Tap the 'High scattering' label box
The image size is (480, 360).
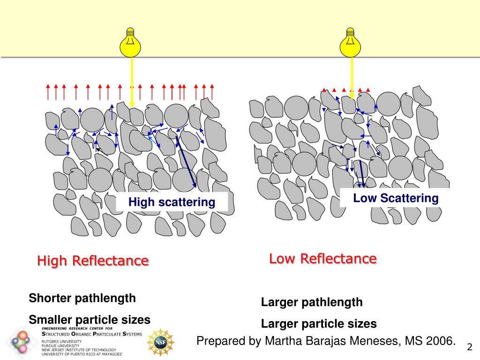click(172, 202)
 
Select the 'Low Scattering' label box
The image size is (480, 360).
click(396, 198)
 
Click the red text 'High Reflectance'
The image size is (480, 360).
click(93, 261)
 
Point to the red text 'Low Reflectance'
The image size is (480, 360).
click(322, 258)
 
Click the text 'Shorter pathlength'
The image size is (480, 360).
click(82, 298)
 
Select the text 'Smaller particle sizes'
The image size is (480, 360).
click(90, 320)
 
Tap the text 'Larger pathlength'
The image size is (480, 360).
click(312, 302)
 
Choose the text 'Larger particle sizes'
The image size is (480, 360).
click(319, 323)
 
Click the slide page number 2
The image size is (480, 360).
click(469, 347)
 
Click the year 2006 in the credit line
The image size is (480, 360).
click(441, 341)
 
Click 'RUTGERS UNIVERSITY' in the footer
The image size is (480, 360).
click(60, 341)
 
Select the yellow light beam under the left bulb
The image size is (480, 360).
click(132, 80)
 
